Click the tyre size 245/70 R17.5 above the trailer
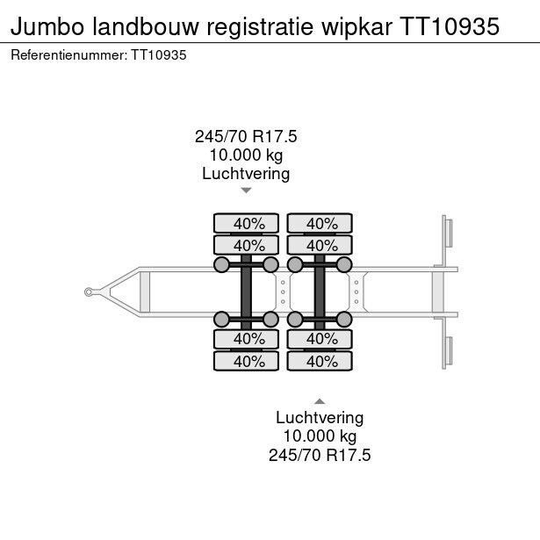pos(246,136)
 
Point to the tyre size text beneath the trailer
pos(320,455)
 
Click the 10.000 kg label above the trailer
pos(246,155)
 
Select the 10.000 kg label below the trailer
pos(320,436)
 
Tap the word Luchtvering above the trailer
pos(246,173)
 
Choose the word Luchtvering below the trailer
pos(320,418)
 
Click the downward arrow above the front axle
pos(246,190)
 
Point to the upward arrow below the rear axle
pos(320,400)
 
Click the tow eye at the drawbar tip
pos(89,292)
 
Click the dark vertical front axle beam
pos(247,292)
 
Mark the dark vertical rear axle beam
pos(320,292)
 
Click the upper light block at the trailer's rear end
pos(447,234)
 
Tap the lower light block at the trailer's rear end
pos(447,349)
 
